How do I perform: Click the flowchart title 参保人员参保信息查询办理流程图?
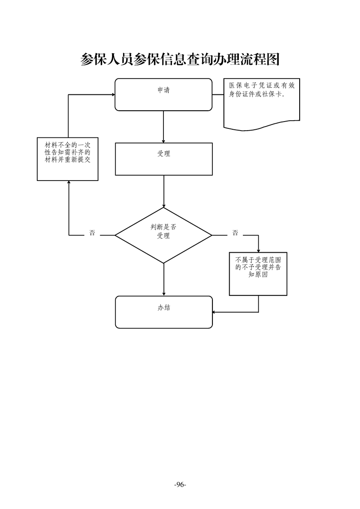(180, 59)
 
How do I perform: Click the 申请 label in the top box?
(163, 90)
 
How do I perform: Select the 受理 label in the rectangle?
(163, 154)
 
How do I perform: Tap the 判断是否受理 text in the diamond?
(163, 231)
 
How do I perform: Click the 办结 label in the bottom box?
(163, 307)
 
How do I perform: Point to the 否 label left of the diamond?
(92, 233)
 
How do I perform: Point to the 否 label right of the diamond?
(235, 233)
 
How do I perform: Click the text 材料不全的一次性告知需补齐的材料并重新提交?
(68, 152)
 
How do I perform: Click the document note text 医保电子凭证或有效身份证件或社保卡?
(261, 89)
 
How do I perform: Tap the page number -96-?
(180, 484)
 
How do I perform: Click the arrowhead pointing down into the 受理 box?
(163, 140)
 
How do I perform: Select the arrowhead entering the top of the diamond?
(163, 205)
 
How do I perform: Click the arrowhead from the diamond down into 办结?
(163, 293)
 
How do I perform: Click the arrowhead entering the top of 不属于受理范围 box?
(258, 250)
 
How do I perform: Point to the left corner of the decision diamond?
(115, 235)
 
